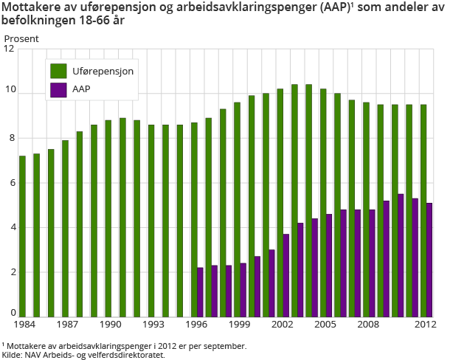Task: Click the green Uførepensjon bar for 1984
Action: [22, 236]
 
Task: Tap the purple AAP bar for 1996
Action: [200, 292]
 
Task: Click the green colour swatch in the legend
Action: [58, 72]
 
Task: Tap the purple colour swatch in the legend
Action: [58, 89]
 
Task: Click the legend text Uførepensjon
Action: [103, 72]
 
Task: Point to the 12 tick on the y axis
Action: [10, 49]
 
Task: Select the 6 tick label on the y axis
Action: [10, 183]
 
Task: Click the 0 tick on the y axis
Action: [10, 313]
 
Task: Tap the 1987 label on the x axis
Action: [69, 325]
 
